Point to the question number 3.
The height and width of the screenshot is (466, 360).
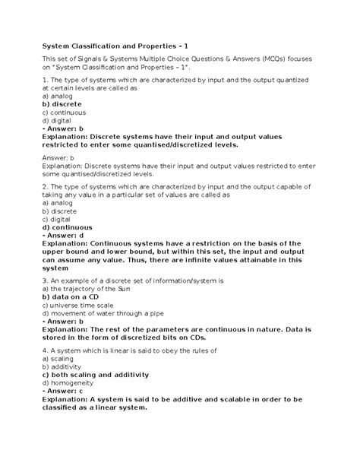[x=46, y=281]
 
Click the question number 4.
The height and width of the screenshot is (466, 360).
[x=46, y=350]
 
